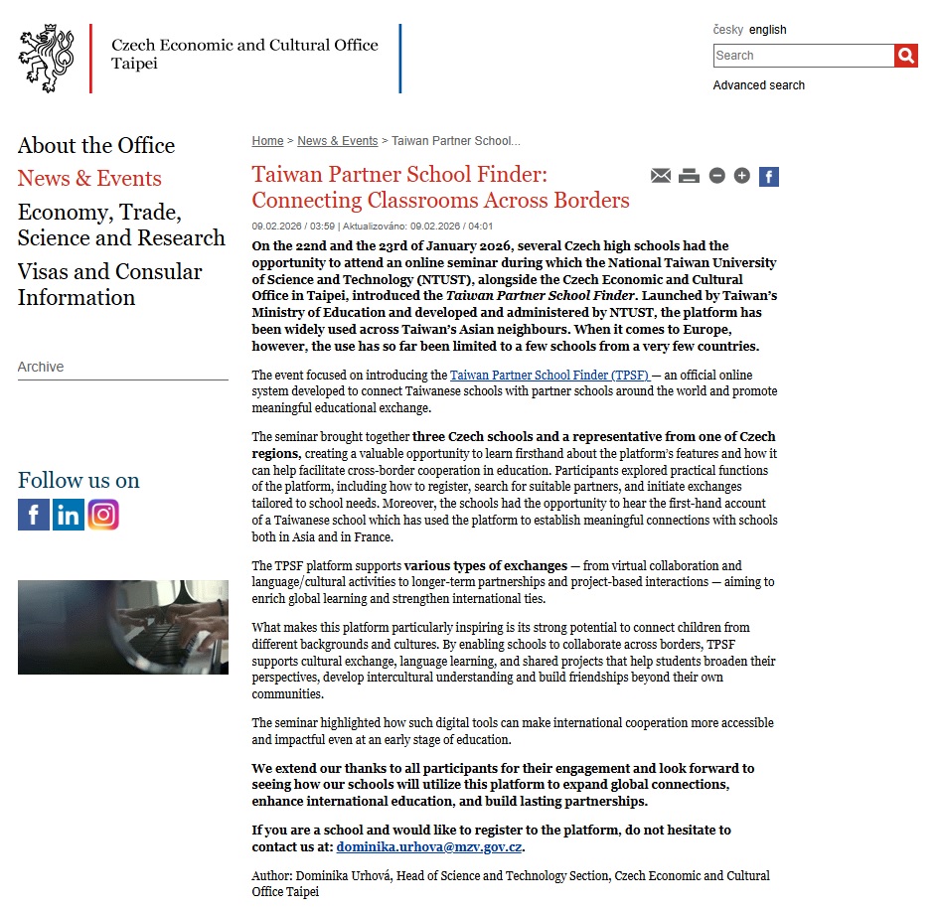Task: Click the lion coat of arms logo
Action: point(47,59)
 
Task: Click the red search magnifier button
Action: point(905,56)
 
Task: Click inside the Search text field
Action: point(803,56)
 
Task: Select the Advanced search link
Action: point(758,85)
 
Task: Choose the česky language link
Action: point(727,30)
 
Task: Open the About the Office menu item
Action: point(96,146)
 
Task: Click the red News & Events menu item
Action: point(89,179)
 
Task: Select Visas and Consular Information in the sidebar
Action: point(109,285)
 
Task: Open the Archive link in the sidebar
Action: point(41,367)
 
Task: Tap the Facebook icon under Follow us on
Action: point(34,515)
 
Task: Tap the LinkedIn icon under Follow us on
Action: point(69,515)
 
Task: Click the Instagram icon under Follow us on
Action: point(103,515)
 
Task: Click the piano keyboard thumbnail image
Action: point(123,627)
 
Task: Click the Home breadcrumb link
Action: point(267,141)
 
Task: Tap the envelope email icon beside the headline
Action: point(661,176)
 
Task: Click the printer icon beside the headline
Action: point(689,176)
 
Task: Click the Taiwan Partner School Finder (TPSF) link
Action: point(549,376)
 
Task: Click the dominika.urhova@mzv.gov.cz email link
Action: point(429,847)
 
